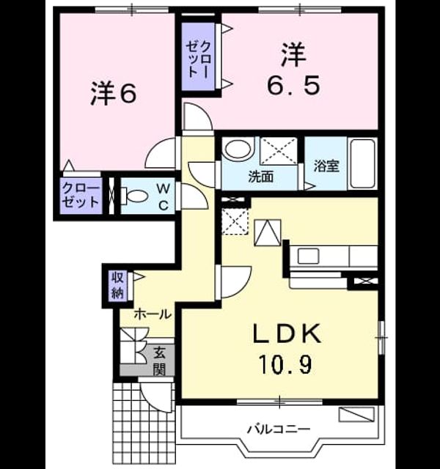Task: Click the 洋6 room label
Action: click(x=114, y=93)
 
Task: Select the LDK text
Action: click(x=287, y=333)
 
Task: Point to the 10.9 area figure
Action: click(x=286, y=364)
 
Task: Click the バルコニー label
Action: click(x=278, y=429)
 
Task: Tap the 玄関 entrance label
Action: click(x=159, y=361)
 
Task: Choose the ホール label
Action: click(x=153, y=314)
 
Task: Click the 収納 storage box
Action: click(x=118, y=285)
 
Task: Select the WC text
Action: click(x=164, y=196)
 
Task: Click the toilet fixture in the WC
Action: click(x=135, y=196)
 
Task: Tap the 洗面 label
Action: click(x=261, y=177)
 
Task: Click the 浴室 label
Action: click(x=326, y=166)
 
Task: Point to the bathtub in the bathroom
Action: click(x=363, y=163)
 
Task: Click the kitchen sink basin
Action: click(x=308, y=256)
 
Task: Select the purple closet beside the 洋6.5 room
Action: click(x=199, y=56)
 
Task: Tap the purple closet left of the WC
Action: click(x=81, y=196)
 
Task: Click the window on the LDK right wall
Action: click(x=381, y=338)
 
